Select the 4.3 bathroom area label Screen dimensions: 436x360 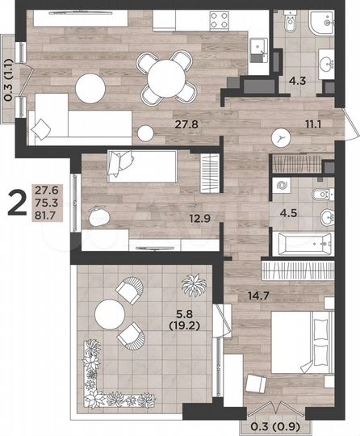coord(297,81)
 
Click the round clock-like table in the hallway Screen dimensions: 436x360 coord(282,137)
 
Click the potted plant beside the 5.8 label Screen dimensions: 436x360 coord(194,284)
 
